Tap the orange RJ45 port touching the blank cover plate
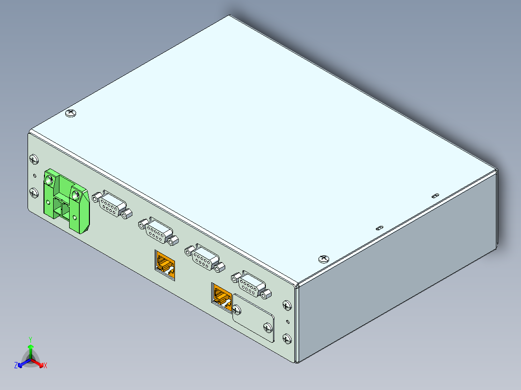tap(222, 294)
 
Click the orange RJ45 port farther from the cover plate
tap(165, 265)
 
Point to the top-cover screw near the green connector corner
tap(71, 113)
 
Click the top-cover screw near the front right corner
tap(322, 259)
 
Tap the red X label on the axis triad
tap(45, 366)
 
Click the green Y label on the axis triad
tap(30, 339)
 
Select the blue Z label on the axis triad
tap(16, 366)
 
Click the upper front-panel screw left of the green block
tap(33, 159)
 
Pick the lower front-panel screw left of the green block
tap(33, 193)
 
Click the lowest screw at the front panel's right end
tap(287, 339)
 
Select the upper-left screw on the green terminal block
tap(49, 180)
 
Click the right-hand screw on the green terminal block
tap(76, 195)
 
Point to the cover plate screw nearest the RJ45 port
tap(237, 308)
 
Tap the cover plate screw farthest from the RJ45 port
tap(267, 329)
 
